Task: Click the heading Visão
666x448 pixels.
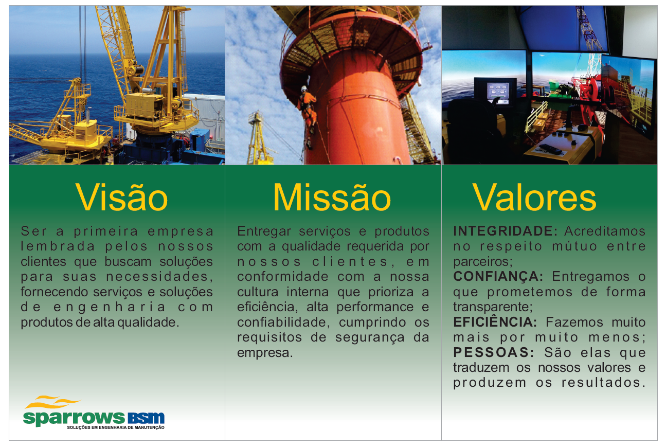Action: [121, 198]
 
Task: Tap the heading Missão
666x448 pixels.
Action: [332, 198]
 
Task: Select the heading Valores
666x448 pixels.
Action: [534, 198]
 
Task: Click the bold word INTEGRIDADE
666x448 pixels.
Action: [505, 231]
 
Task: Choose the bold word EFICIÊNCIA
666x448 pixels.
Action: [495, 322]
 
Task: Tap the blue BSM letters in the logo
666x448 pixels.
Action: [146, 418]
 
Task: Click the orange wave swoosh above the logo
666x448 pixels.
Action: [52, 402]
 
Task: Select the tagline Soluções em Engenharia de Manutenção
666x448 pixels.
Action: [116, 427]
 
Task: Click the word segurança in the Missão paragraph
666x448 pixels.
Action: [370, 338]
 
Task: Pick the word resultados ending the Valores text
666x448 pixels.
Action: [604, 383]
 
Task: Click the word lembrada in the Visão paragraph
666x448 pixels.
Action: [58, 246]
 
